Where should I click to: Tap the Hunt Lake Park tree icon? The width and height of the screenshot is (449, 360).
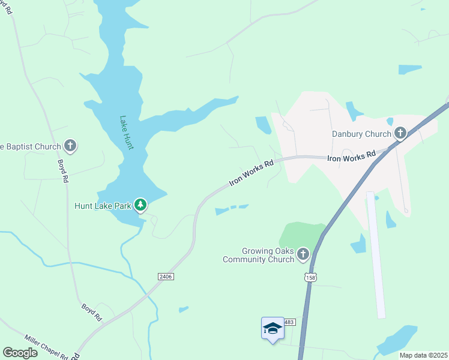coord(140,206)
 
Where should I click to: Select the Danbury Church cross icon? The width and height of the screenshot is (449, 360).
coord(400,133)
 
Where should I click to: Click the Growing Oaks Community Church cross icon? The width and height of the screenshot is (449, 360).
coord(303,255)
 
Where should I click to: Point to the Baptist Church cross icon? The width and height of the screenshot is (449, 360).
coord(70,146)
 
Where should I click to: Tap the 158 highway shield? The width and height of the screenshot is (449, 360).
coord(310,277)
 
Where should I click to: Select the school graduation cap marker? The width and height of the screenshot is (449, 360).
coord(273,328)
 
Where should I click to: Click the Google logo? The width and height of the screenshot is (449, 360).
coord(20,353)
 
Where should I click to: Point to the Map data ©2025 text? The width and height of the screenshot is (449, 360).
coord(423,355)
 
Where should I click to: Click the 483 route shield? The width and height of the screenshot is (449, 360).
coord(289,322)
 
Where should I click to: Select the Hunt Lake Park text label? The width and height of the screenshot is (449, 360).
coord(103,206)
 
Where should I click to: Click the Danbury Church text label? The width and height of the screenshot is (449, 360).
coord(361,134)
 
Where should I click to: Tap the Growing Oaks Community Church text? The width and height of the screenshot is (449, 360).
coord(259,255)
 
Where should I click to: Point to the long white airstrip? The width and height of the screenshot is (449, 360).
coord(376,254)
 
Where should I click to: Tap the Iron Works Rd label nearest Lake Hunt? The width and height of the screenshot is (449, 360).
coord(252,172)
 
